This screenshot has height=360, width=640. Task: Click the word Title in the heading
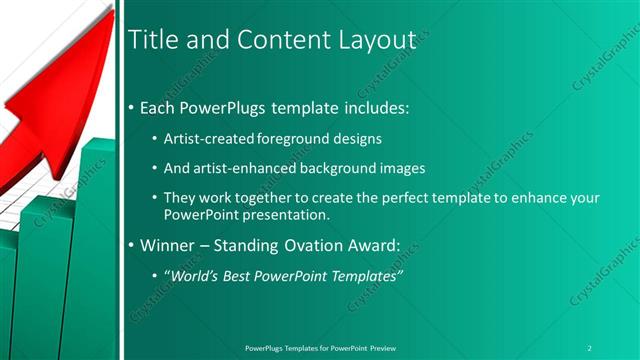pyautogui.click(x=154, y=40)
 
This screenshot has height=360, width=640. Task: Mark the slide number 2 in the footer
pyautogui.click(x=590, y=347)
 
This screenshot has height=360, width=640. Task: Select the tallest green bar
pyautogui.click(x=97, y=250)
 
